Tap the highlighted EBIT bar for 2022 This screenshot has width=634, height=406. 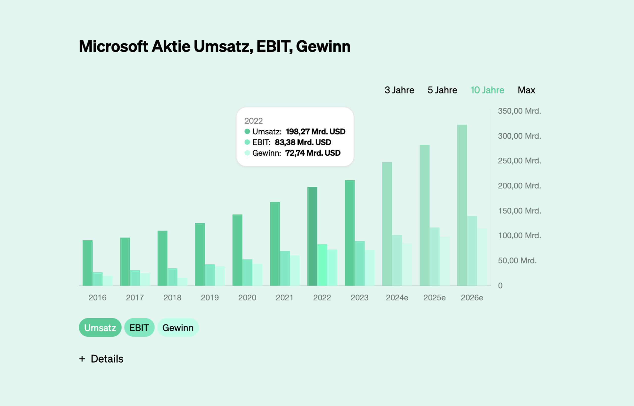tap(322, 265)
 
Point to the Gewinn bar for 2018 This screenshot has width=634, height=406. tap(182, 282)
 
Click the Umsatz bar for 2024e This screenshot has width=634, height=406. tap(387, 224)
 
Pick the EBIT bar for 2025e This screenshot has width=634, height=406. tap(435, 257)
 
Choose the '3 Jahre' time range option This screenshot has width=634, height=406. tap(399, 90)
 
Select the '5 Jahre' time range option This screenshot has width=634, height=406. tap(442, 90)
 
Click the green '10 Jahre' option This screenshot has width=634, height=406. tap(487, 90)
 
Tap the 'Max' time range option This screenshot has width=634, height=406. tap(526, 90)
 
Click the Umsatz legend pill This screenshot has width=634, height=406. tap(100, 328)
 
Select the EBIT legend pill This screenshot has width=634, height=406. tap(139, 328)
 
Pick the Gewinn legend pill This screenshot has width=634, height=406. tap(178, 328)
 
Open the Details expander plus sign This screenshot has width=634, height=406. tap(82, 359)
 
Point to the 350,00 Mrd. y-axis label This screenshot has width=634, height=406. tap(519, 111)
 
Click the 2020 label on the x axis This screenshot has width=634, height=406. tap(247, 298)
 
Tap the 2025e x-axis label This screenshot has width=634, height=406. tap(434, 298)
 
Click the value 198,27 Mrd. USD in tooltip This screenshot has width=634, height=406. tap(315, 132)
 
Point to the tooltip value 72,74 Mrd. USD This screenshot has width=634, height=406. tap(313, 153)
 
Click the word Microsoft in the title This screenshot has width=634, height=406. tap(113, 46)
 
